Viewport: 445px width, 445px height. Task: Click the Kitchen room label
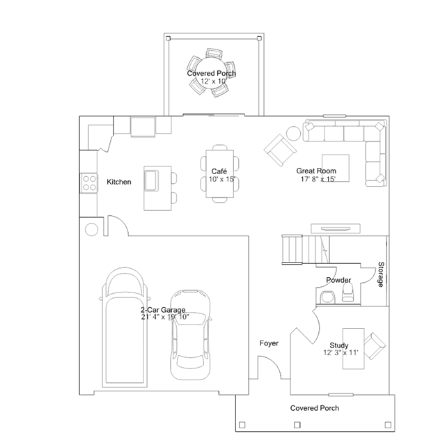coord(119,182)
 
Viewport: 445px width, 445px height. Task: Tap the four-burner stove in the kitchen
coord(89,183)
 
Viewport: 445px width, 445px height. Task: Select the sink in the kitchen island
coord(152,180)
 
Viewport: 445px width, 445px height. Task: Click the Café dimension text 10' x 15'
coord(222,180)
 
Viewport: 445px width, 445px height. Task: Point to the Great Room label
coord(316,171)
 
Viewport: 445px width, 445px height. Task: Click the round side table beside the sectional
coord(293,133)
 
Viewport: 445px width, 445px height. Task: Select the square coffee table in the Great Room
coord(336,168)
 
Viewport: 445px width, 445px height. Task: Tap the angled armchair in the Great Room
coord(280,150)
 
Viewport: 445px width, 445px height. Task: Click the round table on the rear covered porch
coord(212,73)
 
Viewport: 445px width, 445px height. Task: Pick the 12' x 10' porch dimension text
coord(213,81)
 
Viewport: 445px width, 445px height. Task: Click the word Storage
coord(381,274)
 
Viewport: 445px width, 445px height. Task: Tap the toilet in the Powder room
coord(348,292)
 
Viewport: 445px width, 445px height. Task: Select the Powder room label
coord(338,280)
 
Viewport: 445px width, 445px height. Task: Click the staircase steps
coord(306,249)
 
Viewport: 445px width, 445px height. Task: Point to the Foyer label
coord(269,343)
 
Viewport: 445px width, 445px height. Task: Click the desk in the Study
coord(353,348)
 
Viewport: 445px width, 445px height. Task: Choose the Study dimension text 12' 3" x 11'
coord(341,353)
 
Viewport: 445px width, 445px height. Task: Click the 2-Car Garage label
coord(163,310)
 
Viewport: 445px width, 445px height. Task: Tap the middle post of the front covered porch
coord(297,425)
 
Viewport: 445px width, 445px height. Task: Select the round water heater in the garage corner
coord(92,229)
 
